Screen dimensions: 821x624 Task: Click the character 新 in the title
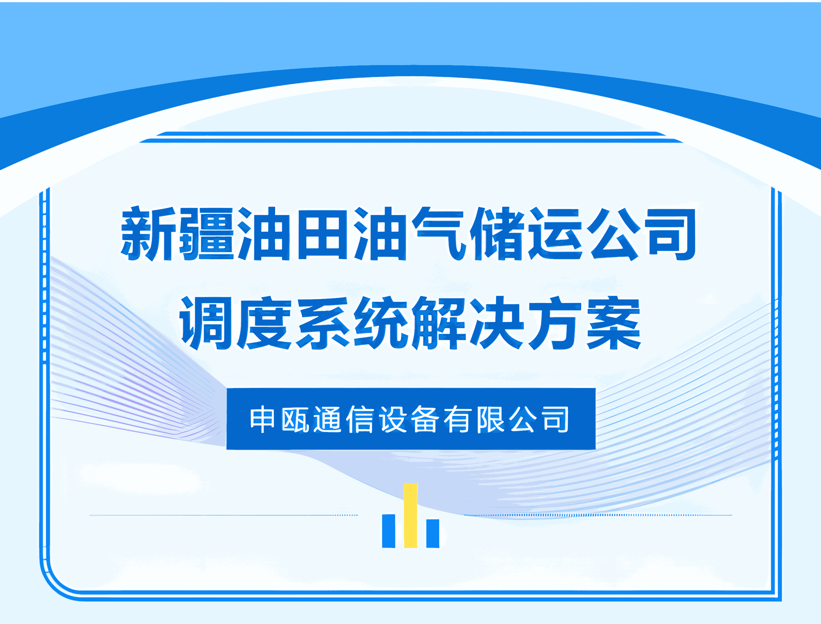[148, 233]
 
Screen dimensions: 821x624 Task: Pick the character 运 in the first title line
[555, 233]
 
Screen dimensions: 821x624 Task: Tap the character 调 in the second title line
[206, 322]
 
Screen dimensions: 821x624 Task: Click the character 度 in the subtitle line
[264, 322]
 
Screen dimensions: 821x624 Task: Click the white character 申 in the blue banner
[263, 419]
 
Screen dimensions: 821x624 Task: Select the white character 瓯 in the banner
[295, 419]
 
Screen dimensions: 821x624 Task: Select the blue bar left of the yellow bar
[389, 531]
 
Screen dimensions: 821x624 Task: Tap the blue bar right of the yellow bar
[432, 533]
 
